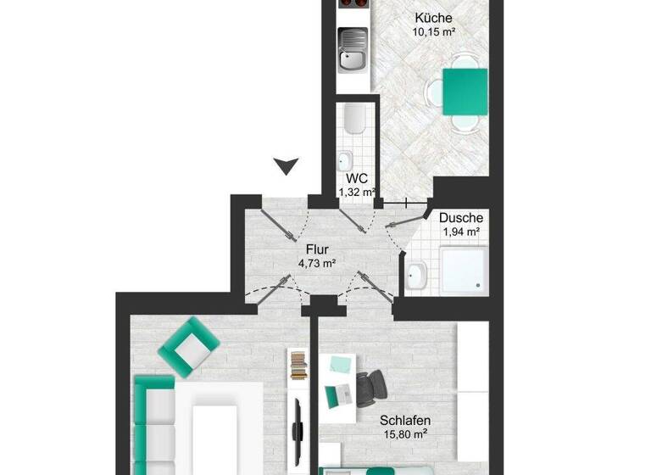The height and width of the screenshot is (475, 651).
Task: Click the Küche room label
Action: (433, 18)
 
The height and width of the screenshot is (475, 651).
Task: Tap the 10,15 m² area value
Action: (433, 33)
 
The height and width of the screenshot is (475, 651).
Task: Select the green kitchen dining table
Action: (465, 92)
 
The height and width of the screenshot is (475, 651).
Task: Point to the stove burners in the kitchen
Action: (352, 3)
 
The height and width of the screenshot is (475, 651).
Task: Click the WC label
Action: (356, 179)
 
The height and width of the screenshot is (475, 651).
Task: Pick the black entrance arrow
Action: (287, 165)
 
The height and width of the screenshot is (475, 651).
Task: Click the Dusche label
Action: (460, 218)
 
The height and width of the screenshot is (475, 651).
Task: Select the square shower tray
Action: (464, 271)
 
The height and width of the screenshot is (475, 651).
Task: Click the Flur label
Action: (317, 249)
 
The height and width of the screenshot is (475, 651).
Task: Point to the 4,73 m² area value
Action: (317, 264)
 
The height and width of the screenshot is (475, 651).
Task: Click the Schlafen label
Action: (405, 421)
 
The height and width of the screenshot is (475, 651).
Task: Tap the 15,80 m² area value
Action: (405, 435)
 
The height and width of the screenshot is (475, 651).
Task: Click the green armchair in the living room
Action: (189, 346)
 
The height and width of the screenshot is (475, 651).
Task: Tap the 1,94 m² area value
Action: (460, 232)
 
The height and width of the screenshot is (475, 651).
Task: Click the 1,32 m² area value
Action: (356, 193)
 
